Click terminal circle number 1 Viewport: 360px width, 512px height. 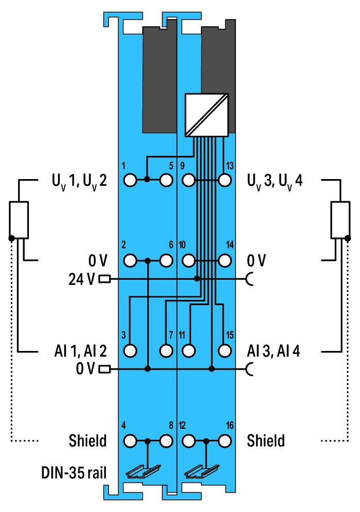pyautogui.click(x=130, y=180)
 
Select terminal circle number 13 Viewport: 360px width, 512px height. pyautogui.click(x=225, y=180)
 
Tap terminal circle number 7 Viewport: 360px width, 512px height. pyautogui.click(x=166, y=350)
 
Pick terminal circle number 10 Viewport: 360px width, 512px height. pyautogui.click(x=189, y=261)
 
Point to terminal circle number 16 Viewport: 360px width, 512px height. pyautogui.click(x=225, y=441)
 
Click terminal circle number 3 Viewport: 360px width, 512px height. pyautogui.click(x=130, y=350)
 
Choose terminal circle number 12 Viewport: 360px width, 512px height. pyautogui.click(x=189, y=441)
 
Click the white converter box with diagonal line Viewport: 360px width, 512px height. pyautogui.click(x=207, y=115)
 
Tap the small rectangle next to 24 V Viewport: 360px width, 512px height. pyautogui.click(x=104, y=279)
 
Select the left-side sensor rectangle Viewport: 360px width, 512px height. pyautogui.click(x=19, y=220)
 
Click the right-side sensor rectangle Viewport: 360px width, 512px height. pyautogui.click(x=340, y=220)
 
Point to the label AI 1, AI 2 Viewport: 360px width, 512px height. pyautogui.click(x=81, y=351)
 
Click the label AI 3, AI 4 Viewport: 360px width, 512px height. pyautogui.click(x=273, y=351)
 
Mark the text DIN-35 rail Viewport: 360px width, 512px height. pyautogui.click(x=74, y=472)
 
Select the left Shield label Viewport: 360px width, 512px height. pyautogui.click(x=88, y=440)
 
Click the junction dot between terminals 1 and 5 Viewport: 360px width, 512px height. pyautogui.click(x=147, y=179)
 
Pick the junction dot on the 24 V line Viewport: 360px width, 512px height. pyautogui.click(x=197, y=279)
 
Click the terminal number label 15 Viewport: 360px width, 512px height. pyautogui.click(x=230, y=335)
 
